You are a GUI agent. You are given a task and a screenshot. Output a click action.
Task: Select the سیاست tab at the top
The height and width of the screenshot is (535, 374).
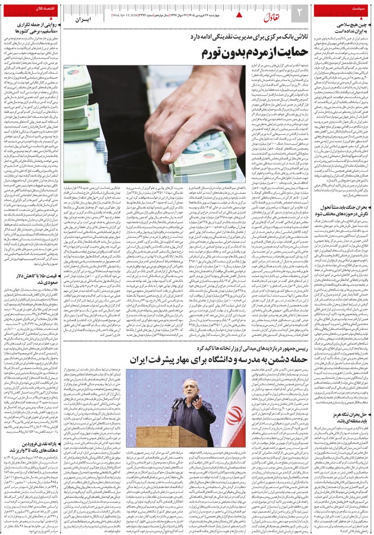(354, 9)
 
